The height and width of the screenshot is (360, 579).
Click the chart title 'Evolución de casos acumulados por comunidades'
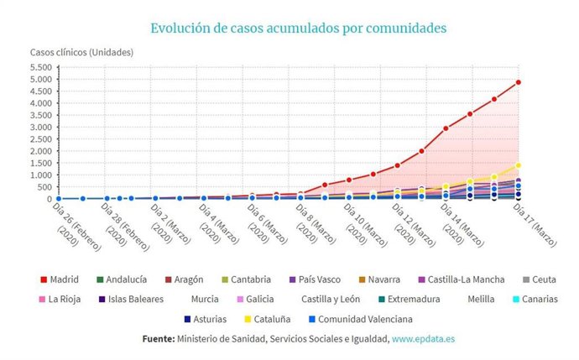click(298, 28)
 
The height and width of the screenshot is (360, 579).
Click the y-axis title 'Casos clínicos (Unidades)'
click(81, 52)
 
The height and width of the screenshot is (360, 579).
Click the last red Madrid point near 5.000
click(519, 82)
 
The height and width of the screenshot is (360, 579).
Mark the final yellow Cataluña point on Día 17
click(519, 165)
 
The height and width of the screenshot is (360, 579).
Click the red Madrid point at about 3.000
click(446, 128)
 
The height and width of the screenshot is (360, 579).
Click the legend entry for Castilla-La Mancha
click(470, 279)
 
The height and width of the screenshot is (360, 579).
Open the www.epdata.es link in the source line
click(423, 339)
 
